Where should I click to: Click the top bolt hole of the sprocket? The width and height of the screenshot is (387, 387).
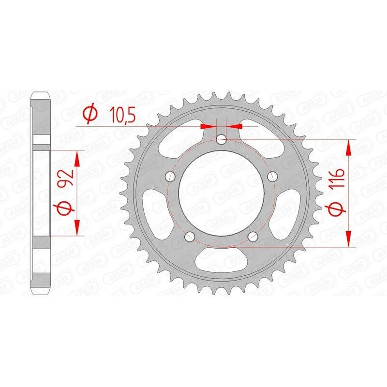click(x=222, y=140)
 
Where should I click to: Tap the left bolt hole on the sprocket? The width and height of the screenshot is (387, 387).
click(x=170, y=176)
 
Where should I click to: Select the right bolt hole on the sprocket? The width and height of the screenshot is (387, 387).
click(x=274, y=176)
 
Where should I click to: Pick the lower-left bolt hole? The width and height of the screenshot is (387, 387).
click(x=190, y=236)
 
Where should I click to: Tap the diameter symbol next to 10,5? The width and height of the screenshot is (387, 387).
click(x=90, y=115)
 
